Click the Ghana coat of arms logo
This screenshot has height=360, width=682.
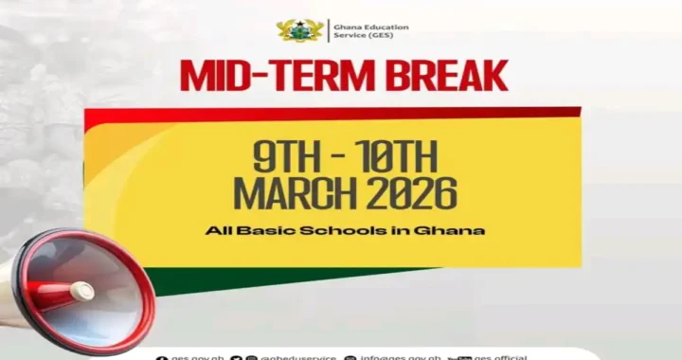pyautogui.click(x=300, y=30)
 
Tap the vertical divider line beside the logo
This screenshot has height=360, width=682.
pyautogui.click(x=329, y=30)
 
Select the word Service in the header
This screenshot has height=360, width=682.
pyautogui.click(x=348, y=36)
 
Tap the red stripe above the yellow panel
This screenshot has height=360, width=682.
pyautogui.click(x=332, y=113)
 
